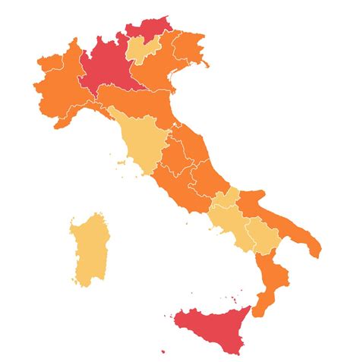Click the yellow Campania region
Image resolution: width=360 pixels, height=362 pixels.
[x=232, y=220]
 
